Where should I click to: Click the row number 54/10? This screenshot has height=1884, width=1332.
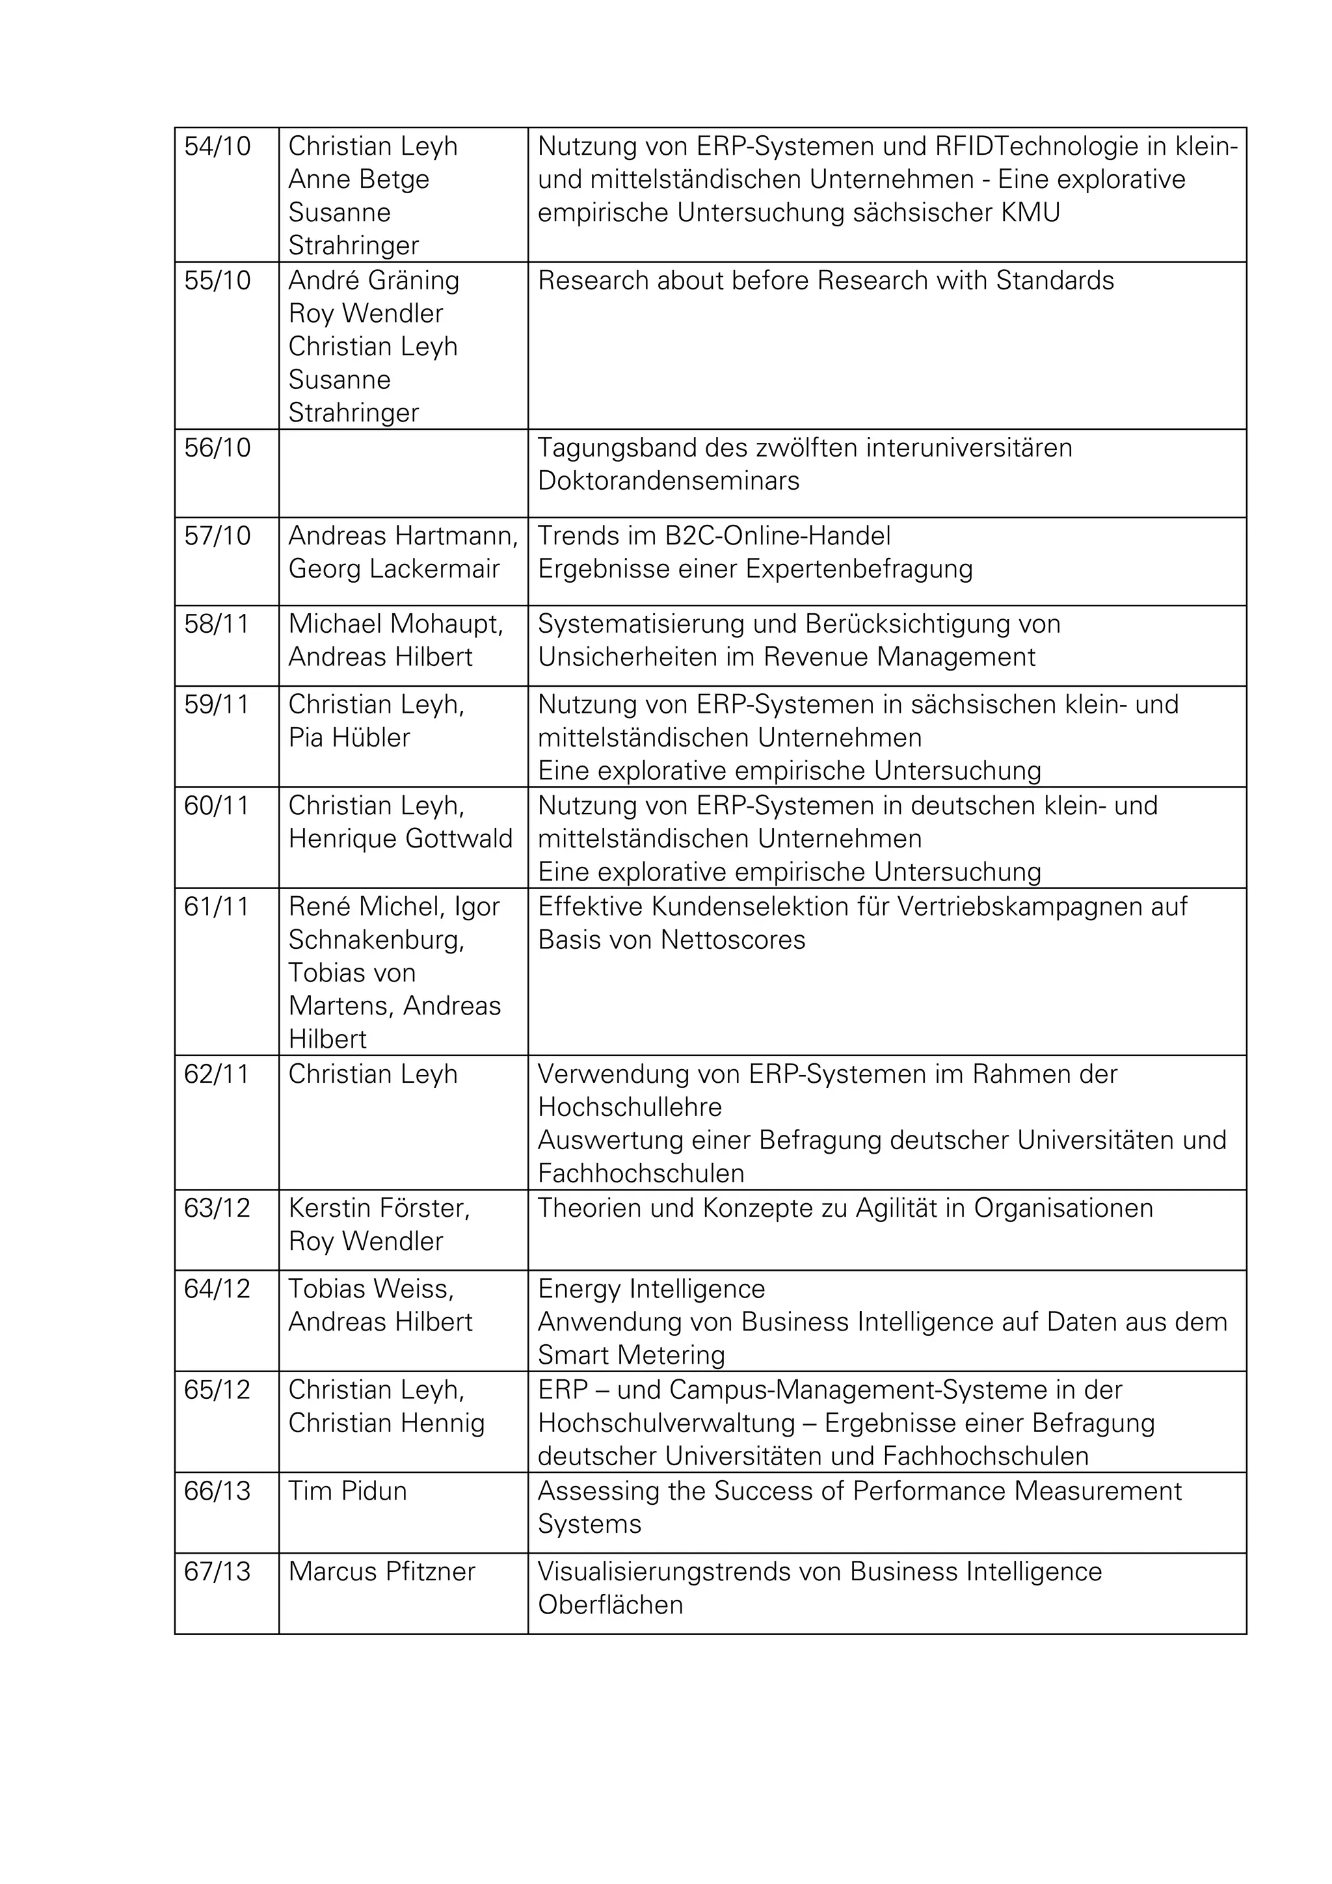[217, 147]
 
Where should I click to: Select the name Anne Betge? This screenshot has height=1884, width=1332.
[358, 179]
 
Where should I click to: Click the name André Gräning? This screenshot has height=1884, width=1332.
[373, 281]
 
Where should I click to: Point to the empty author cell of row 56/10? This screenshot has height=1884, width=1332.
[403, 473]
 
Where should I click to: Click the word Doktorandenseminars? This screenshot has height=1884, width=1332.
[668, 481]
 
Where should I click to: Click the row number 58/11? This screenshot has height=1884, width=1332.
[217, 624]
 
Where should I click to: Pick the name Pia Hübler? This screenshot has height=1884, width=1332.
[349, 737]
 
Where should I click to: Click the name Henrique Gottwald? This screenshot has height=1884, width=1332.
[401, 839]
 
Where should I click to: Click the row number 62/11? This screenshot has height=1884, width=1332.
[217, 1074]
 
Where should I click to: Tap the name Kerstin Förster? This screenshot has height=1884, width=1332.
[379, 1209]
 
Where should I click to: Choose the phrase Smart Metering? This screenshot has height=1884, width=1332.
[631, 1355]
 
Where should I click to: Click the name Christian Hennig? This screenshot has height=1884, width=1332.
[386, 1423]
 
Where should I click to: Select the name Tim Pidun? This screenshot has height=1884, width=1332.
[347, 1491]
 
